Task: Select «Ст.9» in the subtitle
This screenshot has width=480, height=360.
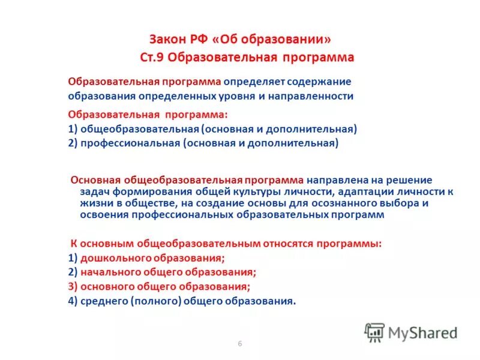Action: (x=152, y=58)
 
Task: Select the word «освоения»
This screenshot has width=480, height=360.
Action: (x=98, y=215)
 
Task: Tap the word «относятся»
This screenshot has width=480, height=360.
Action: (x=288, y=244)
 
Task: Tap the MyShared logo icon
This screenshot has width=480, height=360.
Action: (x=374, y=332)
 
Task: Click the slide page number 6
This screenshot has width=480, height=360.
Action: (x=240, y=343)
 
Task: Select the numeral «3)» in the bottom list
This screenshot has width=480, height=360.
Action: (x=73, y=287)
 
